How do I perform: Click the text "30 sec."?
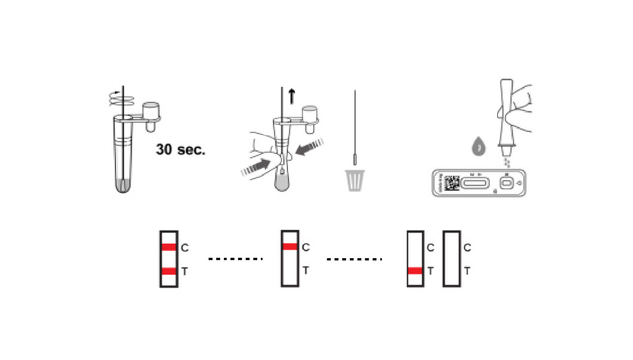click(180, 149)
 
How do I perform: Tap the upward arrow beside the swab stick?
click(292, 96)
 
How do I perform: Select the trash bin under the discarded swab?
click(355, 180)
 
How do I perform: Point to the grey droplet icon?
click(479, 146)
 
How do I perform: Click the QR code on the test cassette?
click(452, 183)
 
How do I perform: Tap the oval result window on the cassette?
click(475, 184)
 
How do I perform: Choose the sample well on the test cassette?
click(507, 184)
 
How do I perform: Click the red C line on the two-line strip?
click(169, 247)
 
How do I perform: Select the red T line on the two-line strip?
click(169, 271)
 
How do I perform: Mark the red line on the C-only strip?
click(290, 247)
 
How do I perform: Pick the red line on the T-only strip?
click(415, 271)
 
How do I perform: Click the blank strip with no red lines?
click(452, 259)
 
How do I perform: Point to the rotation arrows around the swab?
click(121, 99)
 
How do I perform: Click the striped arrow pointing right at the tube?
click(256, 167)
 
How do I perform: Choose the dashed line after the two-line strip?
click(235, 259)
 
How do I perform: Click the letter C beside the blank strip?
click(467, 248)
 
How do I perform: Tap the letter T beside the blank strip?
click(467, 271)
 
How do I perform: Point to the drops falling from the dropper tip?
click(507, 162)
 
